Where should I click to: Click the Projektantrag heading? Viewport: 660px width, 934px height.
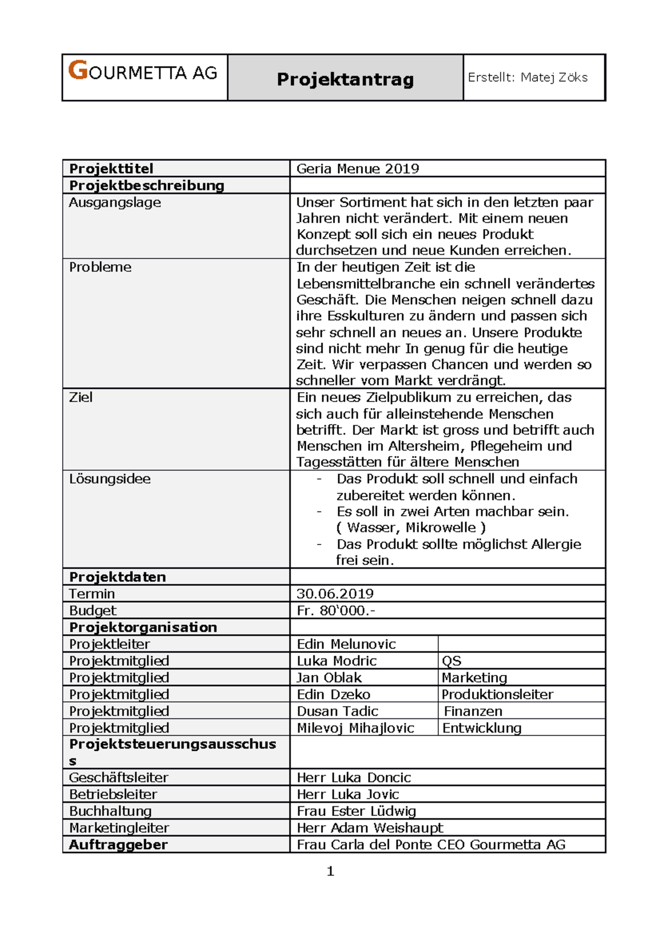coord(345,79)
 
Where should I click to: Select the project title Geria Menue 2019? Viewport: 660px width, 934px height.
coord(358,169)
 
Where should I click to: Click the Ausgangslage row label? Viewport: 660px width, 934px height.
coord(115,202)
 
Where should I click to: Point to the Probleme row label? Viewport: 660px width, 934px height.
coord(100,267)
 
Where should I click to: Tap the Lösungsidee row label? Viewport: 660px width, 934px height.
coord(109,479)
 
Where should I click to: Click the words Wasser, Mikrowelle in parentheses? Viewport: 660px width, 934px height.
coord(411,528)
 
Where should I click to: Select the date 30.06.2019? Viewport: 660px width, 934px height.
coord(335,594)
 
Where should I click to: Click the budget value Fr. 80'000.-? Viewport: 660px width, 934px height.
coord(335,611)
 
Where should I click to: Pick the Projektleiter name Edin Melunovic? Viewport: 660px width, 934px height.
coord(346,644)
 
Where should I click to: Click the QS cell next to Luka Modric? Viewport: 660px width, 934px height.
coord(452,661)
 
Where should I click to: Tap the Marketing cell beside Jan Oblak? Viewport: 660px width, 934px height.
coord(474,678)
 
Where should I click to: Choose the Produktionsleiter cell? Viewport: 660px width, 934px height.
coord(497,694)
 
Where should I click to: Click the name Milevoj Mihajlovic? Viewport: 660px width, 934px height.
coord(355,728)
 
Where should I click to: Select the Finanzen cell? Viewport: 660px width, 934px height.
coord(472,711)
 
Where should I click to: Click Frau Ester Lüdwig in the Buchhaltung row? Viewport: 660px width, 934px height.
coord(356,811)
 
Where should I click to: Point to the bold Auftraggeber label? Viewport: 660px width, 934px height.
coord(118,845)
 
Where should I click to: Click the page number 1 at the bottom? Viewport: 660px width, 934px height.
coord(331,871)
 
